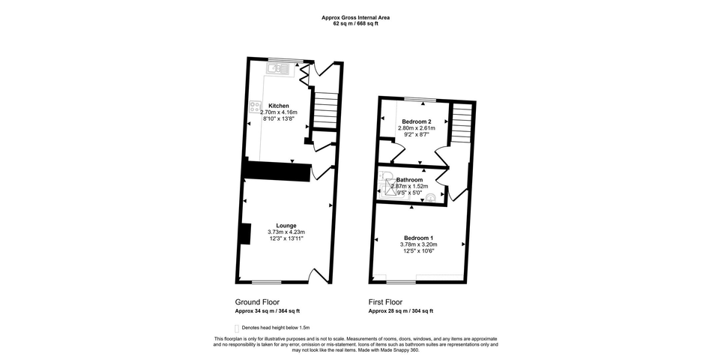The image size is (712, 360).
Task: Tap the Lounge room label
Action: (286, 225)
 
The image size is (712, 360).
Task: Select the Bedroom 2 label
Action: (416, 121)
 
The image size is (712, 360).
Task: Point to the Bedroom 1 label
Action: (418, 238)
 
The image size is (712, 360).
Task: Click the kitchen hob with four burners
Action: (255, 108)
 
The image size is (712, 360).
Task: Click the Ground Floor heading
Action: (257, 301)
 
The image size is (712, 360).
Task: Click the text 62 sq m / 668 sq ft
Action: (356, 23)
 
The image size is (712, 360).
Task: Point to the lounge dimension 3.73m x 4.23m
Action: (286, 232)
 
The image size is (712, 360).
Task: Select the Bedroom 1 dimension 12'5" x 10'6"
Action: (418, 251)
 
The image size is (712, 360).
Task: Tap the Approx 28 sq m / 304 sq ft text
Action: (400, 311)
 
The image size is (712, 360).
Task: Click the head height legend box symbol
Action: (238, 328)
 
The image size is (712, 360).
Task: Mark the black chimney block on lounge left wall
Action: (244, 235)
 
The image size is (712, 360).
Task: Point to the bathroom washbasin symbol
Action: (432, 197)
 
